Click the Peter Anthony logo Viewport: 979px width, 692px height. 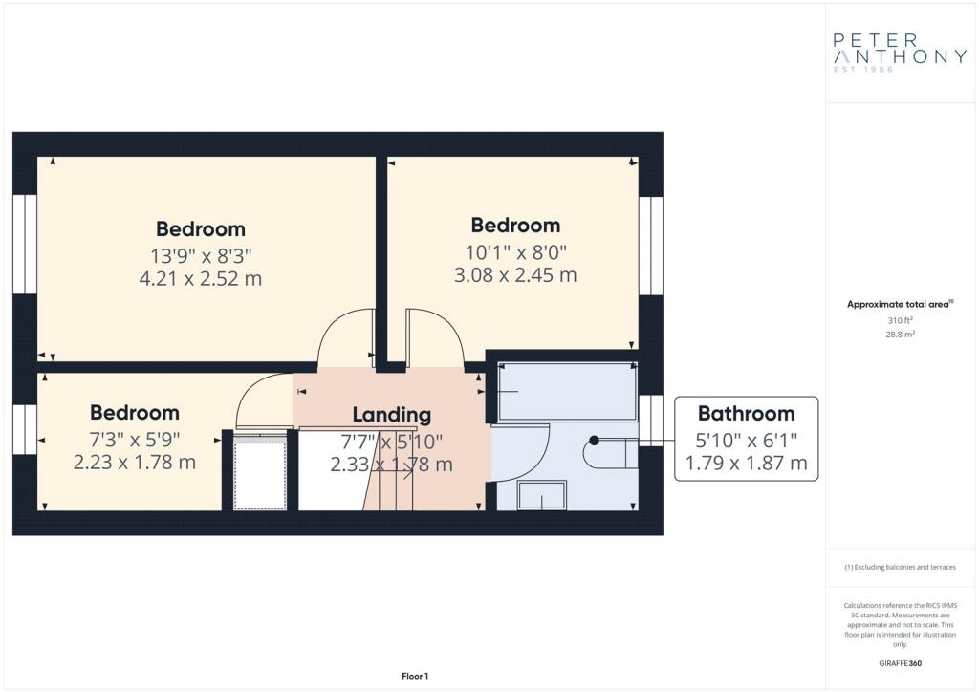[900, 54]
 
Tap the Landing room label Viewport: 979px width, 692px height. [391, 415]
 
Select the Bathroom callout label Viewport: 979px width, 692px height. [746, 414]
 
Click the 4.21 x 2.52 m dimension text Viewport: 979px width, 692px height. [200, 279]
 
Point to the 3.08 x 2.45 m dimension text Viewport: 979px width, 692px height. [515, 275]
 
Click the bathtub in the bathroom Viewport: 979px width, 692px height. [566, 392]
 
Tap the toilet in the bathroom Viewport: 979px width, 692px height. [612, 451]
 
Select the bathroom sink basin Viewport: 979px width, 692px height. [541, 495]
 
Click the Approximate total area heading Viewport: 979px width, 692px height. [898, 304]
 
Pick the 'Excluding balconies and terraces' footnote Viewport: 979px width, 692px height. [900, 567]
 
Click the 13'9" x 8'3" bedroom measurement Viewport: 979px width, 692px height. [200, 254]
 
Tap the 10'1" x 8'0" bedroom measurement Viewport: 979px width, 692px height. [515, 250]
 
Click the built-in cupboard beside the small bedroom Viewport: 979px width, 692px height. [261, 474]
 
